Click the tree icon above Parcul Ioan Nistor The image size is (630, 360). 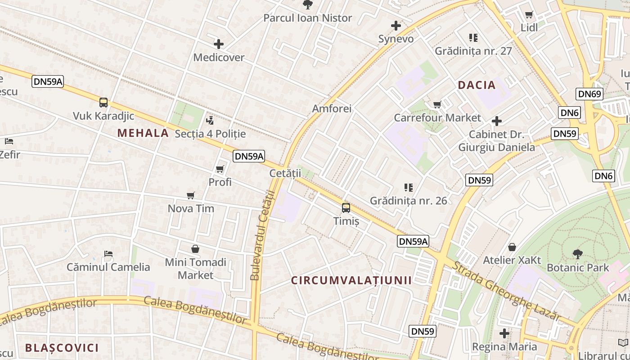tap(308, 5)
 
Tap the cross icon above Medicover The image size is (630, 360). tap(219, 44)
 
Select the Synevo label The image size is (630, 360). tap(396, 39)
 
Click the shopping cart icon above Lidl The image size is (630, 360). tap(529, 14)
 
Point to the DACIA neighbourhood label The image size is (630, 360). tap(477, 85)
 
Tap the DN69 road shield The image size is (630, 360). tap(589, 94)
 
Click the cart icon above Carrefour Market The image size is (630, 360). tap(437, 105)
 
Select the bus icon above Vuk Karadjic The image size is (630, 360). tap(103, 103)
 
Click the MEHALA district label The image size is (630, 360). tap(143, 133)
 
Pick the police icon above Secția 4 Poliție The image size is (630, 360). tap(210, 121)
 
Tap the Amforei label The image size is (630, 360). tap(332, 108)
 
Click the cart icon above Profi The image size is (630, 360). tap(220, 169)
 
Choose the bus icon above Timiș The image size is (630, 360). tap(346, 207)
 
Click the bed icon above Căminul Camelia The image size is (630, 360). tap(108, 254)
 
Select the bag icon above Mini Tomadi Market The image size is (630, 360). tap(195, 249)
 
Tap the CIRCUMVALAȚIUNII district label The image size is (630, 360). tap(351, 280)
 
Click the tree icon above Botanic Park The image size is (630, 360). tap(578, 254)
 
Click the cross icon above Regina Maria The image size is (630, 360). tap(504, 333)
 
